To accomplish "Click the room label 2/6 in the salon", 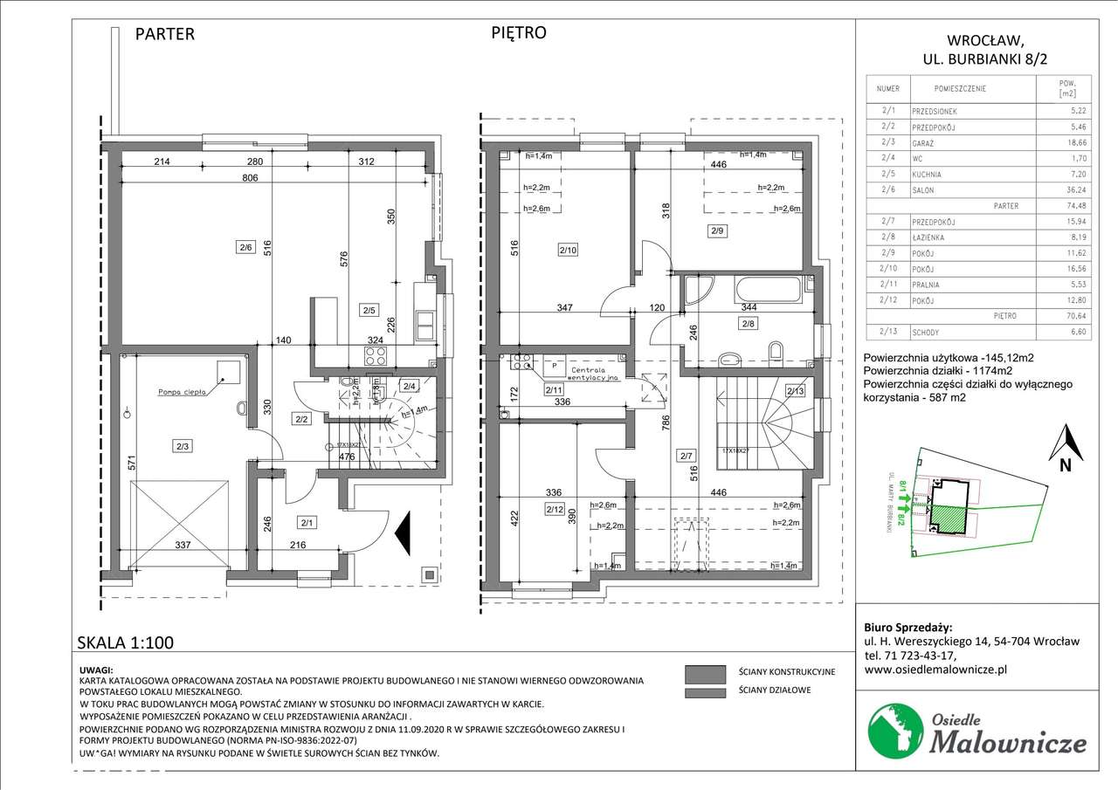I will click(x=245, y=247).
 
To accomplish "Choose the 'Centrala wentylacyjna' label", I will click(x=595, y=374).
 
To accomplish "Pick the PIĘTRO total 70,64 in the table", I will click(x=1066, y=316).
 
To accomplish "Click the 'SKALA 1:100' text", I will click(x=126, y=643).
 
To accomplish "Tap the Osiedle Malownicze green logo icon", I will click(x=894, y=730).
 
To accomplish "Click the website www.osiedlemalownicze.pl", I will click(x=935, y=670).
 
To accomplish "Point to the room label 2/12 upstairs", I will click(x=554, y=509).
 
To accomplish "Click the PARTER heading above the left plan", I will click(x=165, y=35).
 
